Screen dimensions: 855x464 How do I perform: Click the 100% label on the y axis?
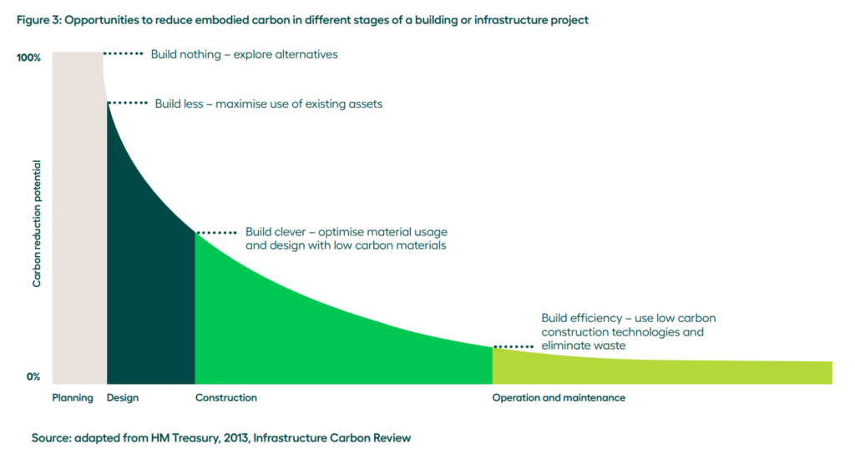tap(28, 58)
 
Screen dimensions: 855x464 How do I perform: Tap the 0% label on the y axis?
tap(33, 376)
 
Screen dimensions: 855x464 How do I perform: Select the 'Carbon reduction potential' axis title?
tap(37, 224)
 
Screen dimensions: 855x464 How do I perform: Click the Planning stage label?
tap(73, 398)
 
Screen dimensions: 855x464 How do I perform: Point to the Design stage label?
tap(123, 398)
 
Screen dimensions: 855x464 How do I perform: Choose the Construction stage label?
tap(226, 398)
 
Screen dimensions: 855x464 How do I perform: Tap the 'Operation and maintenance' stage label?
tap(559, 398)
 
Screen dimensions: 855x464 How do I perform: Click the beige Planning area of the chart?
tap(79, 218)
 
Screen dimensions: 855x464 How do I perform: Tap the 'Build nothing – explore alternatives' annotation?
tap(245, 54)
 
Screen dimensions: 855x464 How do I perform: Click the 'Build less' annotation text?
tap(269, 104)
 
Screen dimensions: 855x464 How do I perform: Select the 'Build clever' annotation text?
tap(347, 239)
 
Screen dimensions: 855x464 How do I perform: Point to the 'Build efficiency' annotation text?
tap(629, 331)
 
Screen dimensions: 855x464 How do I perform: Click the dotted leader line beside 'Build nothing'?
tap(124, 53)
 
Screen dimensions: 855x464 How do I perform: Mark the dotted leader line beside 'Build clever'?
tap(216, 233)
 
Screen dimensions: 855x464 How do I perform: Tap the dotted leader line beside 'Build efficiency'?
tap(514, 347)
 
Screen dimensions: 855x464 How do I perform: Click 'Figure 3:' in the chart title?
tap(39, 20)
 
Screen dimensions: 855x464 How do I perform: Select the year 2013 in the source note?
tap(235, 438)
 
